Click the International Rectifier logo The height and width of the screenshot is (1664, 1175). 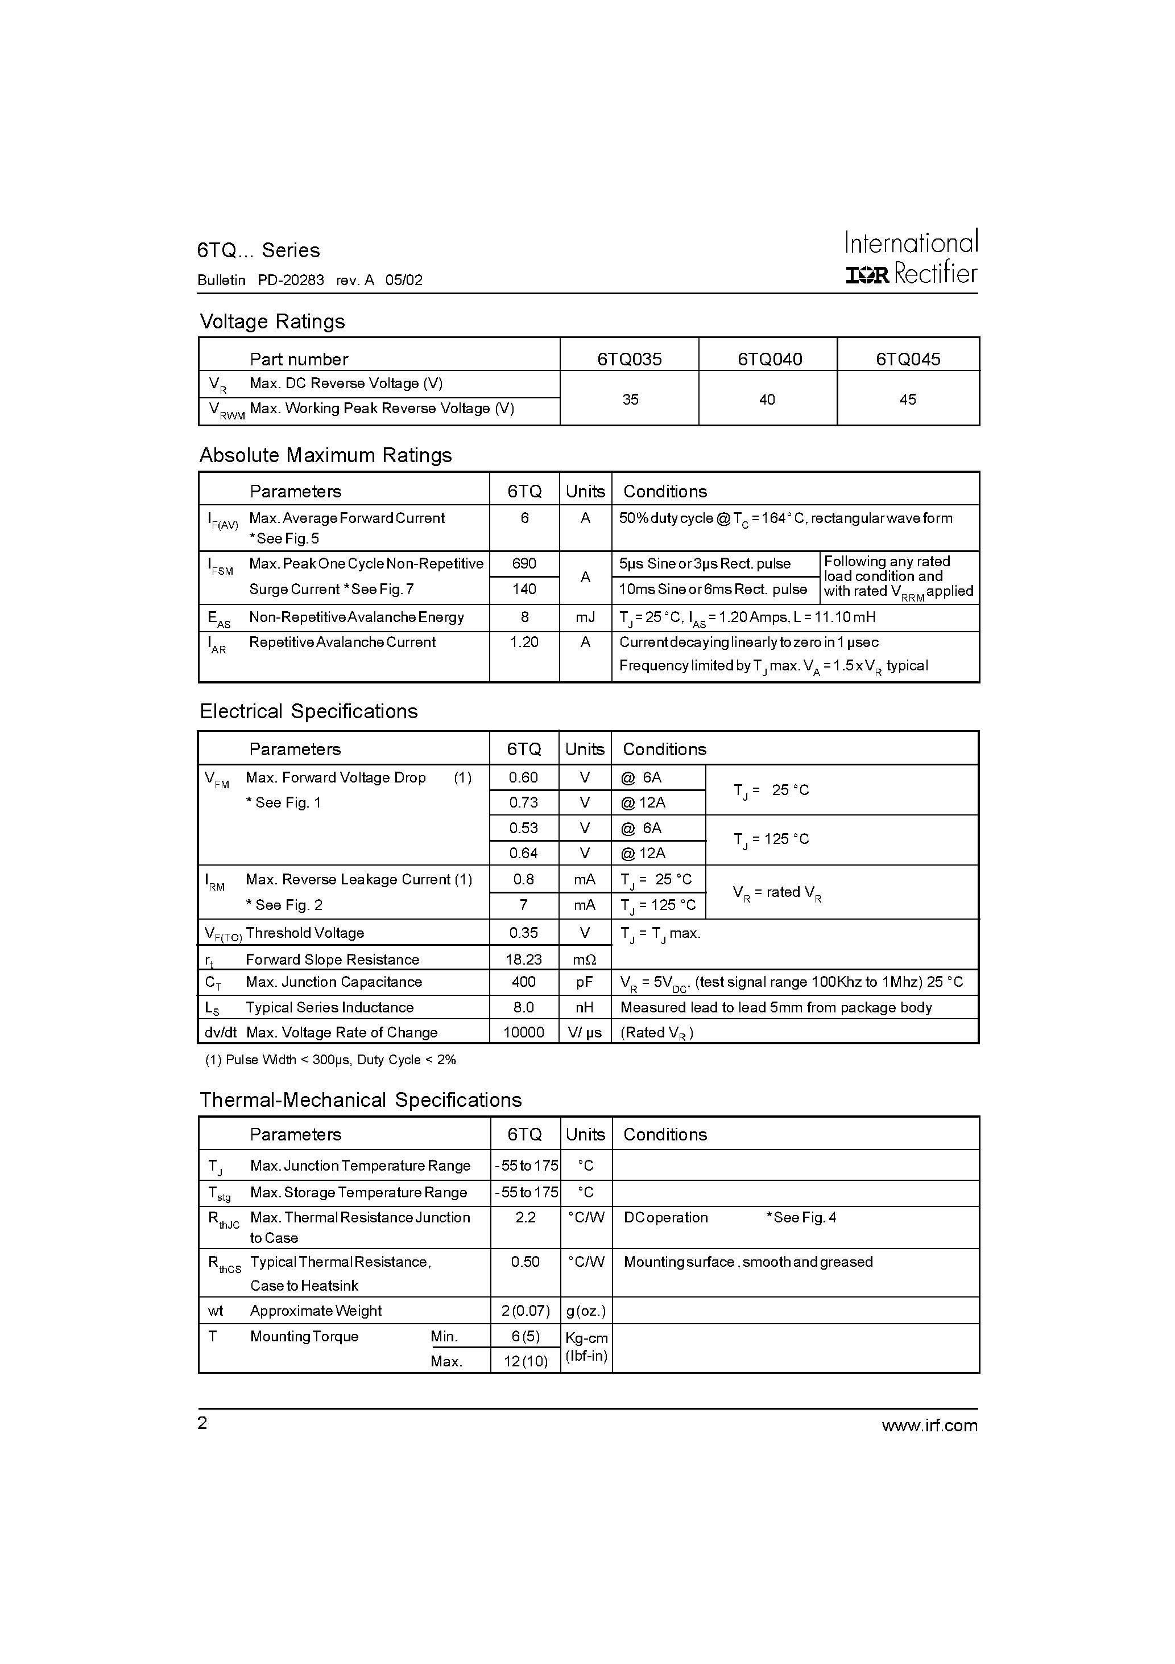[x=911, y=257]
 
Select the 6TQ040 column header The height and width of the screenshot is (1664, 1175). [x=769, y=359]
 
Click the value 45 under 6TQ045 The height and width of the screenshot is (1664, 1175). [x=907, y=399]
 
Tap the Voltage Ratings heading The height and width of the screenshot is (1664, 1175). [x=272, y=321]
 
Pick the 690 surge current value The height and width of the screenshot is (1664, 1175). [x=524, y=563]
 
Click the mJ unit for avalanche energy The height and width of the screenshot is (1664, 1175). [x=585, y=617]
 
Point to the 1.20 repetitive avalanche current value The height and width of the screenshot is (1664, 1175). [x=524, y=641]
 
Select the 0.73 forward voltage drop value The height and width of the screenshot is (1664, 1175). [x=523, y=802]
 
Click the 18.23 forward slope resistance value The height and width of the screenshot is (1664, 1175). [x=523, y=959]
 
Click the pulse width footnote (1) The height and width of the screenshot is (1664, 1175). [x=330, y=1060]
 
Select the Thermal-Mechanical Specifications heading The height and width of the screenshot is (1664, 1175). [x=360, y=1099]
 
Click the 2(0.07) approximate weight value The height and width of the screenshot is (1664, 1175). [x=525, y=1311]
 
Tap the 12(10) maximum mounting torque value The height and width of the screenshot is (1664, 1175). [x=525, y=1361]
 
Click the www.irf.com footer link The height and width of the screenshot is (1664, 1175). [x=929, y=1426]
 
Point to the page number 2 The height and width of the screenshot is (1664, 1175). [x=202, y=1423]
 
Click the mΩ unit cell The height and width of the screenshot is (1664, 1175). [x=585, y=959]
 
